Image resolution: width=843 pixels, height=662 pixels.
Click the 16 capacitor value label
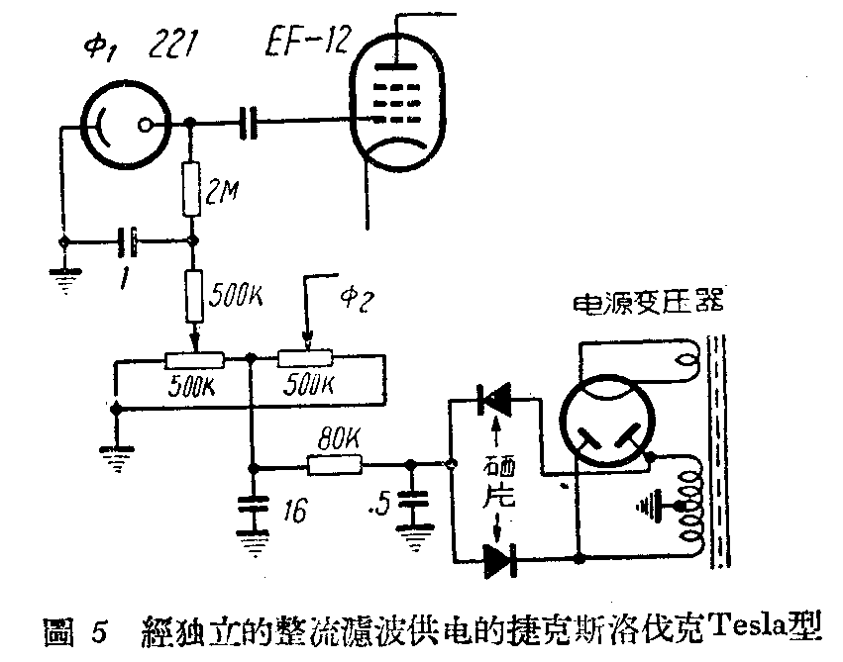coord(292,511)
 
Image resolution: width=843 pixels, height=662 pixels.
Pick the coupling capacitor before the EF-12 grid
coord(249,123)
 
